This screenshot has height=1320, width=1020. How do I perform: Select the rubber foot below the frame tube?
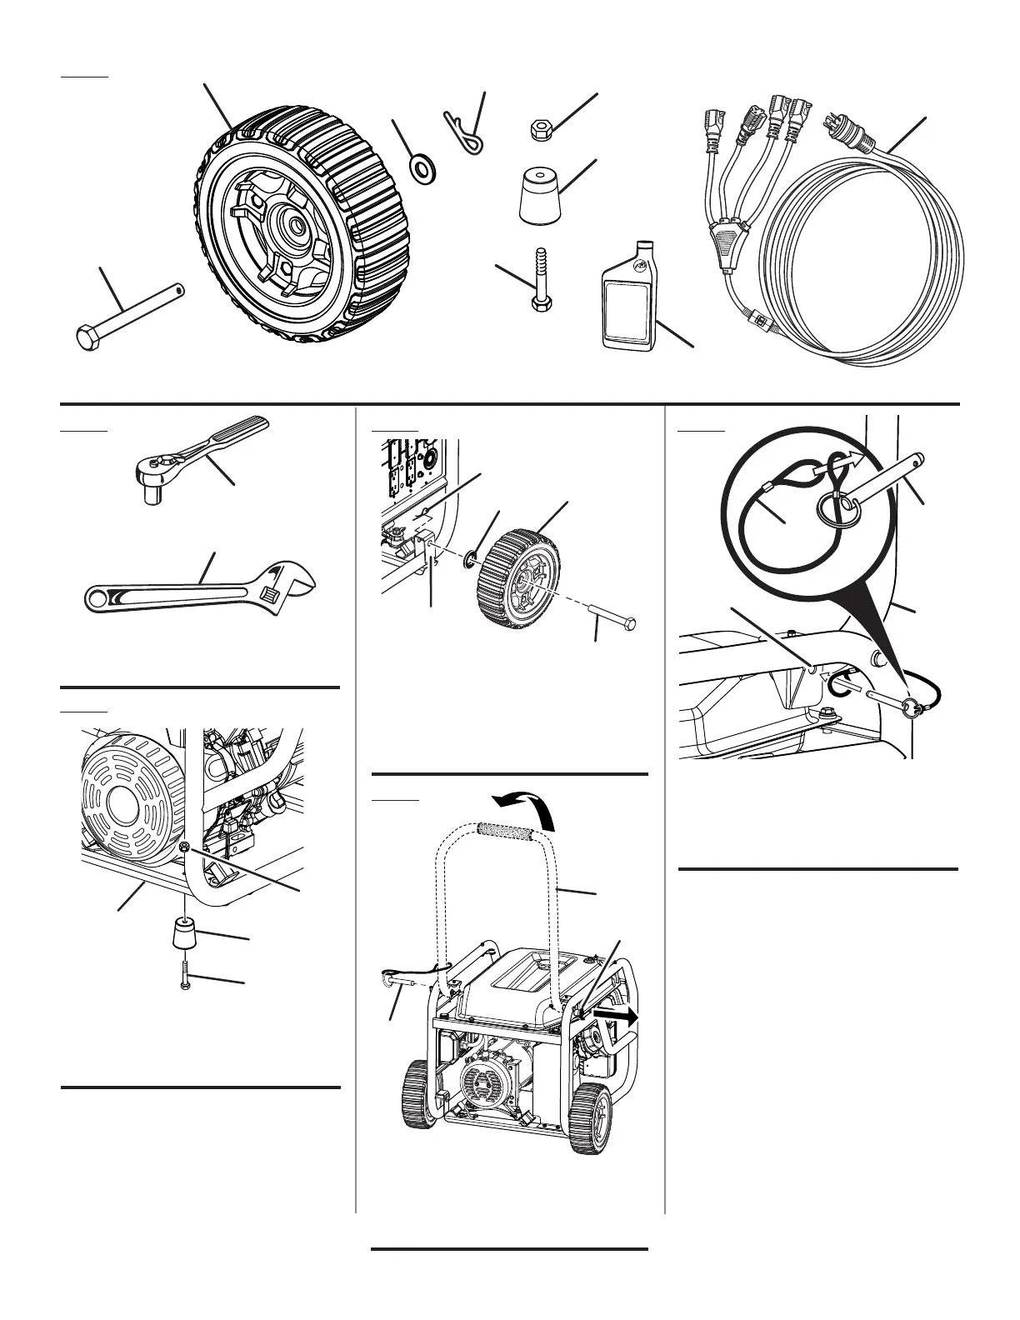[185, 932]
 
